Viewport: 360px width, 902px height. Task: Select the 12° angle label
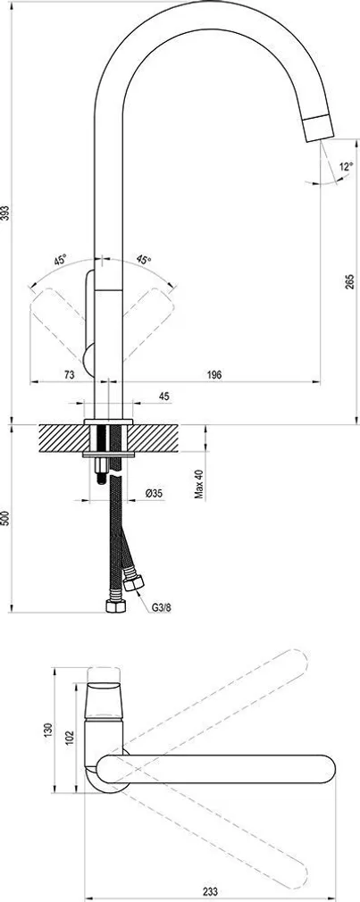click(347, 167)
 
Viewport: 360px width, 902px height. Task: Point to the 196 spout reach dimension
click(213, 374)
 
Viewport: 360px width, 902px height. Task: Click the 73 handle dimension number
click(69, 374)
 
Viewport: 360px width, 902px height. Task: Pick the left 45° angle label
click(61, 260)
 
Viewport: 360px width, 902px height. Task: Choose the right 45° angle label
click(144, 260)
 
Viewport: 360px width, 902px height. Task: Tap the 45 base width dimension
click(163, 397)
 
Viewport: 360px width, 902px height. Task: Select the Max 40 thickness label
click(199, 483)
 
